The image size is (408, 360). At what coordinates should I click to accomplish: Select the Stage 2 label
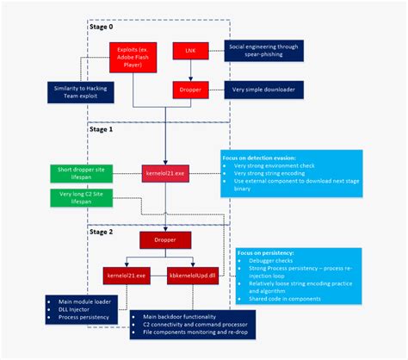100,231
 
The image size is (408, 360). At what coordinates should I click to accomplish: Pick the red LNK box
190,51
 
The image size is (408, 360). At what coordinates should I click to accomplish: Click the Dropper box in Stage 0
190,88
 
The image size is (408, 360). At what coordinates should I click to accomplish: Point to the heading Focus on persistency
270,256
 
